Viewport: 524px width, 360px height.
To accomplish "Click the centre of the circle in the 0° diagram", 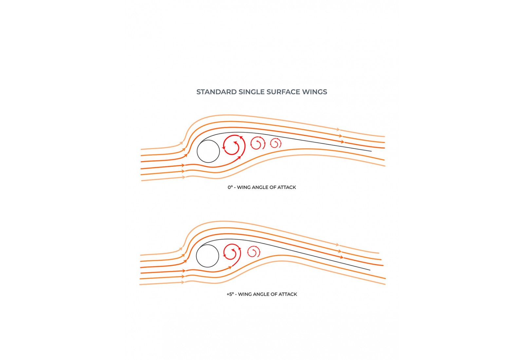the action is pyautogui.click(x=208, y=151).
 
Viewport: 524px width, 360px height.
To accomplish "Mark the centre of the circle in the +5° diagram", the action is pyautogui.click(x=208, y=256).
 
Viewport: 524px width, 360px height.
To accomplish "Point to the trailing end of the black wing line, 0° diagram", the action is pyautogui.click(x=371, y=151).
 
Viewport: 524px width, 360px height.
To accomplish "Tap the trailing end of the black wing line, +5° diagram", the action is pyautogui.click(x=370, y=270).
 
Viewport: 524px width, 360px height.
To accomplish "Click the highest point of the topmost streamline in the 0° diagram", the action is pyautogui.click(x=225, y=115).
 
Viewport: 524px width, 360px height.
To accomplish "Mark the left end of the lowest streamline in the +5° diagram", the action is pyautogui.click(x=140, y=284).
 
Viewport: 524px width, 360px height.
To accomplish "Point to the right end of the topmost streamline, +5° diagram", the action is pyautogui.click(x=379, y=253).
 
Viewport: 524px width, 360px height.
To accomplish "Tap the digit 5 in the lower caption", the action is pyautogui.click(x=230, y=294).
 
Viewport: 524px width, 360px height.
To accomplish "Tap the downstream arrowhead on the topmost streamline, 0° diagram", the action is pyautogui.click(x=338, y=129).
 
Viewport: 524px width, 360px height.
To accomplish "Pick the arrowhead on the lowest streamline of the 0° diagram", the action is pyautogui.click(x=184, y=177).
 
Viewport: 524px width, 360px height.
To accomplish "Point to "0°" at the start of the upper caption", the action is pyautogui.click(x=230, y=187).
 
